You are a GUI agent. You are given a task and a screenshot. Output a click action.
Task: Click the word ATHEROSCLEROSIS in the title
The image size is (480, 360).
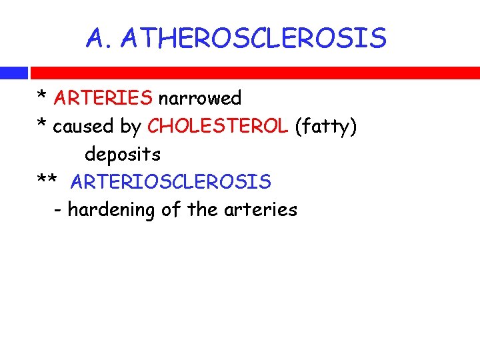click(254, 39)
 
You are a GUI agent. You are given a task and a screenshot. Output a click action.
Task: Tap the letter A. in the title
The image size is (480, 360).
click(101, 39)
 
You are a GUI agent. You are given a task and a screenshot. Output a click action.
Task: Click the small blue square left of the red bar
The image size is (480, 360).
click(13, 73)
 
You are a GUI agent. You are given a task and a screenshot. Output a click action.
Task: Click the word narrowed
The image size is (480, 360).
click(199, 99)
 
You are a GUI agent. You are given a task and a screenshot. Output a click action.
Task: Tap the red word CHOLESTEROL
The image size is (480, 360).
click(218, 126)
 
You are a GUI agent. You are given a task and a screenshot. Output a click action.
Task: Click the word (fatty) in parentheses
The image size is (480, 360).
click(325, 126)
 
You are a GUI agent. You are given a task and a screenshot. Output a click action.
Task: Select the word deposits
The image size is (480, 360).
click(123, 154)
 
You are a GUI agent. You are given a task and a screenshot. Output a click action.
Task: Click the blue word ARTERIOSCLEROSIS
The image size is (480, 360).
click(171, 181)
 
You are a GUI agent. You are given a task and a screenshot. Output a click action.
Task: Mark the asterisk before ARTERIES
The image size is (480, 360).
click(41, 97)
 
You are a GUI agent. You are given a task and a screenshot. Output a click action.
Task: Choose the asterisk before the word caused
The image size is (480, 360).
click(41, 125)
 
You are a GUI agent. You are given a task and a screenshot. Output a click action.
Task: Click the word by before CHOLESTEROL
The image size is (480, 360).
click(131, 126)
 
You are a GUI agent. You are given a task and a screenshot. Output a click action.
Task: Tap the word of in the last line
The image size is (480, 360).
click(171, 209)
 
